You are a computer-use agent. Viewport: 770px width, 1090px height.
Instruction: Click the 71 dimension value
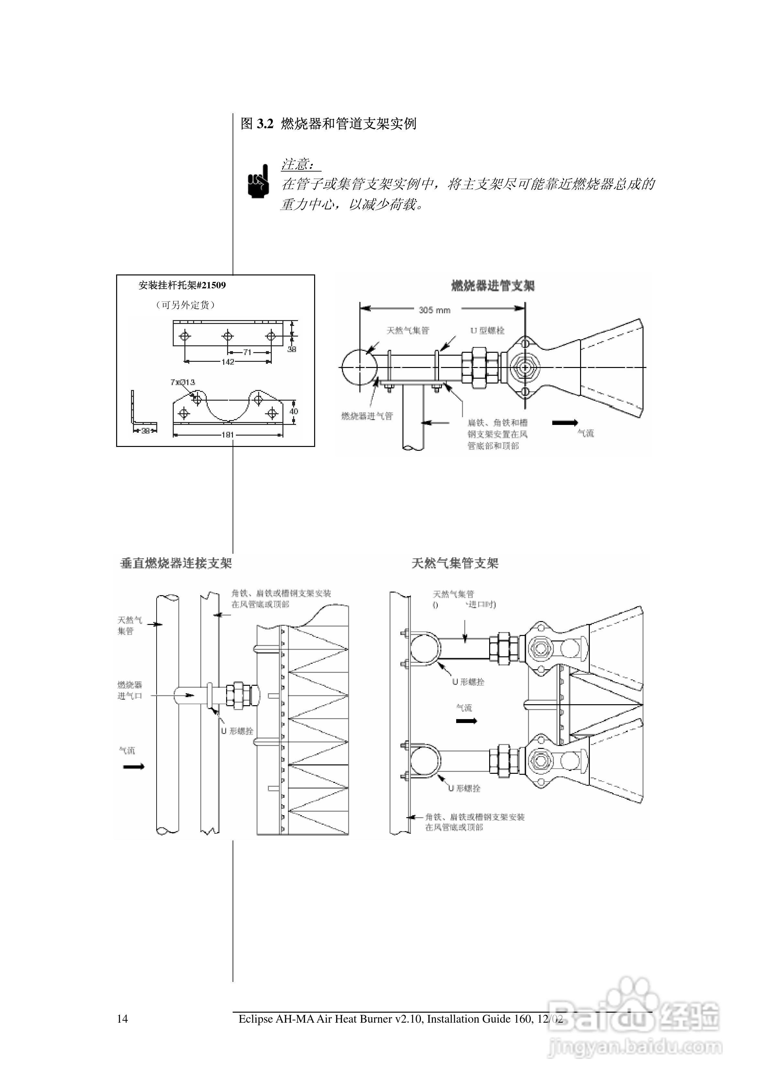tap(247, 352)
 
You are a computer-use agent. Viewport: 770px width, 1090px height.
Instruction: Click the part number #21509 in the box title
tap(211, 285)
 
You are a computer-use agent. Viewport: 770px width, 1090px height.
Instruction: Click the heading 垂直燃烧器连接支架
tap(176, 563)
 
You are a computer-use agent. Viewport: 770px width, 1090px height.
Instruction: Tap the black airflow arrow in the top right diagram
tap(565, 422)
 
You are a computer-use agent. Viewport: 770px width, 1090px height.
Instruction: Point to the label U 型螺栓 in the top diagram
tap(488, 330)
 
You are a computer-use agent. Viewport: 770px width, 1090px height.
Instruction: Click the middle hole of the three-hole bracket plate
tap(227, 336)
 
